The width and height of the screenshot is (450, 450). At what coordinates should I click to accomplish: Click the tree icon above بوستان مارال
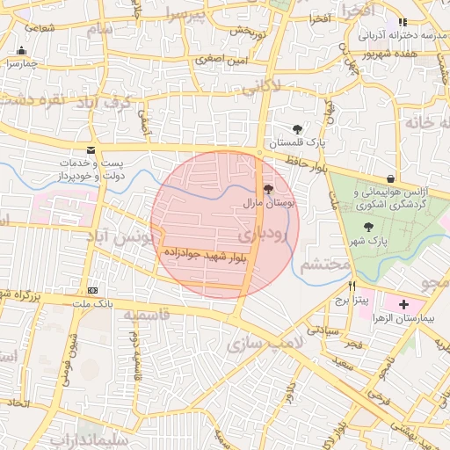point(268,188)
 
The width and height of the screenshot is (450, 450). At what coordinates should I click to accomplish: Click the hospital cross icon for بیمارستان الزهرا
point(403,304)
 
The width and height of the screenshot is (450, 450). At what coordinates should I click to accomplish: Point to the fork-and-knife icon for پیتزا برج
point(352,286)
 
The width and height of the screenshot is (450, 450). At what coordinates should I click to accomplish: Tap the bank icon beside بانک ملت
point(93,290)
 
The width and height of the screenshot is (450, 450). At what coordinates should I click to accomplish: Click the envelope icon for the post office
point(91,150)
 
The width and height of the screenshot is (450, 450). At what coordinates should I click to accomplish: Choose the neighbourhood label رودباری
point(260,233)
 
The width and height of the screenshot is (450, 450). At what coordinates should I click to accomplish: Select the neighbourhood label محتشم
point(320,264)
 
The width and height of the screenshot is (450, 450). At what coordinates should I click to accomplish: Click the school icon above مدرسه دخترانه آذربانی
point(403,22)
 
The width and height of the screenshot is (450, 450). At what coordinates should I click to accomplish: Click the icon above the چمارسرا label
point(21,51)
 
